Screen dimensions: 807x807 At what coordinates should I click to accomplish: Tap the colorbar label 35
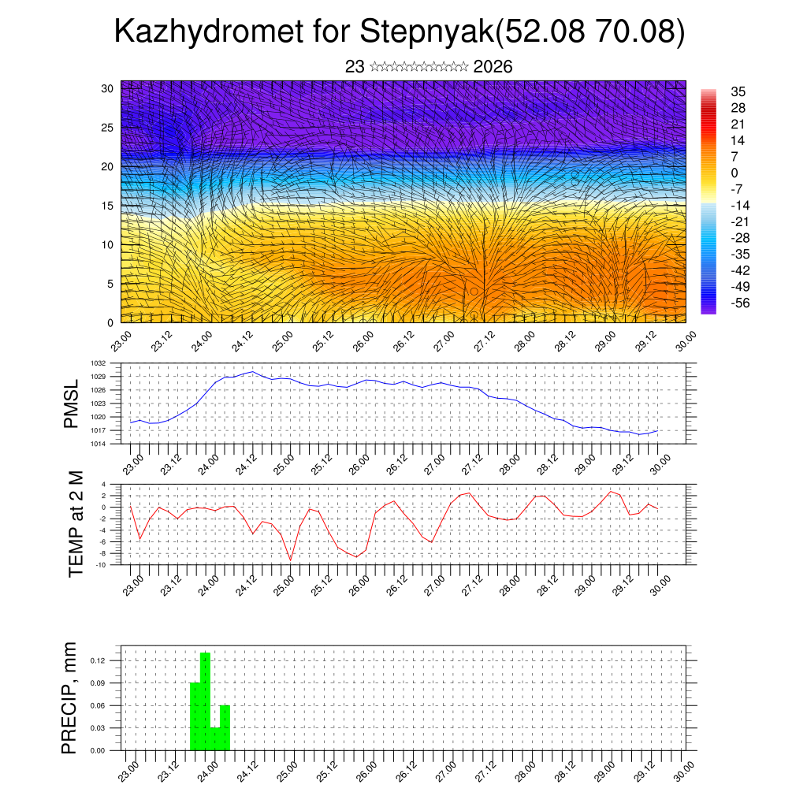738,92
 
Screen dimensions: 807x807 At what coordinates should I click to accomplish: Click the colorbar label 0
734,173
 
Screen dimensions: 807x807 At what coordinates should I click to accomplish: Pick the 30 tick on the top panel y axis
108,88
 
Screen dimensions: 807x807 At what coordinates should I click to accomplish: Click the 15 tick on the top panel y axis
108,206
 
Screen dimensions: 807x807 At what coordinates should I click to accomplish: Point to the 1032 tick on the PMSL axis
98,363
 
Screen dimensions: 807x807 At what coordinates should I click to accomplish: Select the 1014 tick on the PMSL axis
98,444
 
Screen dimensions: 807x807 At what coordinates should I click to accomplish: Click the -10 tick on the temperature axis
101,564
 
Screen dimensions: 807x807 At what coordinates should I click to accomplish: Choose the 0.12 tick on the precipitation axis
98,660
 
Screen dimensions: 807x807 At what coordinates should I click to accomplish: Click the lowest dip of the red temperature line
291,560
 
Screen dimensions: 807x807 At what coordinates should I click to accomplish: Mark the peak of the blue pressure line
252,371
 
